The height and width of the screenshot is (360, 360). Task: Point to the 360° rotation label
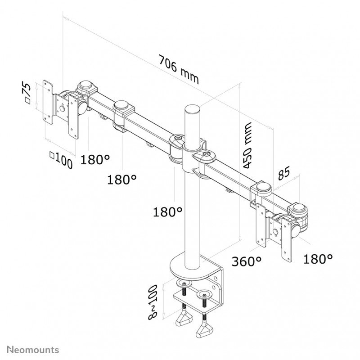click(246, 261)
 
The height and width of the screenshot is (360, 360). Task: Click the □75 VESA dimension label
click(27, 93)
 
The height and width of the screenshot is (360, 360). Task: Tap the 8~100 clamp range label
click(153, 302)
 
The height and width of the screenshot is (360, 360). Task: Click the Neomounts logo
click(33, 350)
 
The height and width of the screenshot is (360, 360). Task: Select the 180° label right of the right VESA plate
click(318, 259)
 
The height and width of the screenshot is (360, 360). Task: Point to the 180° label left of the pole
click(167, 212)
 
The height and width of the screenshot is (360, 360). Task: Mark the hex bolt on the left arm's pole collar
click(178, 138)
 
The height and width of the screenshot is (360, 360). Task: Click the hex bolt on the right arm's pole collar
click(206, 154)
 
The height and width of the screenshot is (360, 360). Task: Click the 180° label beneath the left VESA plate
click(95, 159)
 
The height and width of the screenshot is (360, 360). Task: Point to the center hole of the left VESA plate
click(62, 108)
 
